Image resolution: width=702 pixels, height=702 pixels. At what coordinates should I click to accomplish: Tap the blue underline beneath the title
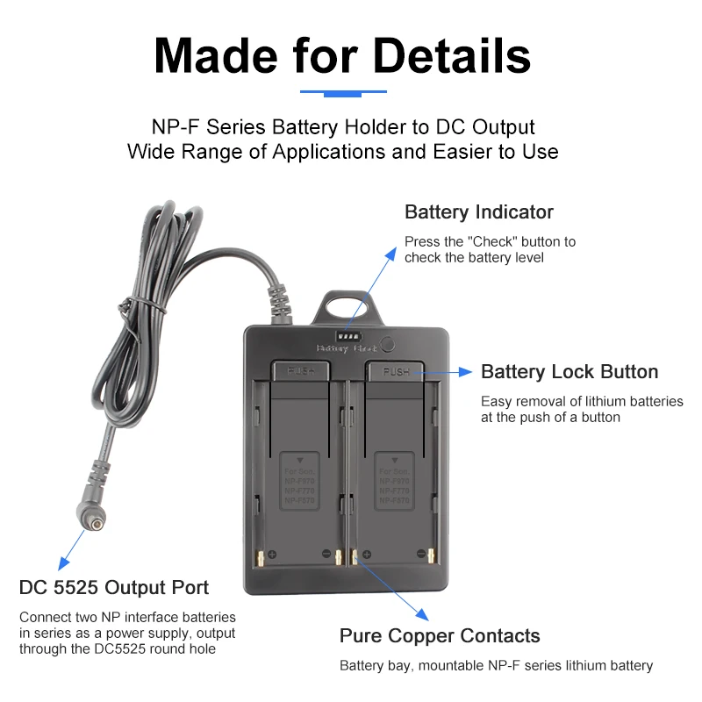click(343, 91)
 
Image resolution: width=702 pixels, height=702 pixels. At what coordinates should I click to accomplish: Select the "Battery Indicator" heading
click(478, 212)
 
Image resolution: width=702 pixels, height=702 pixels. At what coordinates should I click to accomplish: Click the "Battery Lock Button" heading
click(569, 372)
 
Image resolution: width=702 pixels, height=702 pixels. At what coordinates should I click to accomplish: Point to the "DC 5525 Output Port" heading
click(114, 587)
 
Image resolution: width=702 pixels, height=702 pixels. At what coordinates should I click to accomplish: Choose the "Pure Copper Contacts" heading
click(440, 636)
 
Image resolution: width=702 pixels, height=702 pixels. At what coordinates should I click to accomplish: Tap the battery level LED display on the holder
click(348, 337)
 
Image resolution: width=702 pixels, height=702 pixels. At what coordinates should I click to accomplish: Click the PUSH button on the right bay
click(395, 371)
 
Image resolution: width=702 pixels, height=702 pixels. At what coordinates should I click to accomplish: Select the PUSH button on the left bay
click(299, 370)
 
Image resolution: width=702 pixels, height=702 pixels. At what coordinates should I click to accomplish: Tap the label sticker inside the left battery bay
click(299, 481)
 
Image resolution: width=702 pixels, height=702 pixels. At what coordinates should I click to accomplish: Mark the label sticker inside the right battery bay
click(394, 481)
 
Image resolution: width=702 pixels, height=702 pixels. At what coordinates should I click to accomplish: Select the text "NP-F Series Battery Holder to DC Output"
click(343, 127)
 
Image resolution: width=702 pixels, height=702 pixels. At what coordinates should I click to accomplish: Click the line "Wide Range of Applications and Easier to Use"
click(343, 151)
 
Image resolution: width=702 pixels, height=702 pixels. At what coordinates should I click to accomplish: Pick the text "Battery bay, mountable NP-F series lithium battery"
click(496, 666)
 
